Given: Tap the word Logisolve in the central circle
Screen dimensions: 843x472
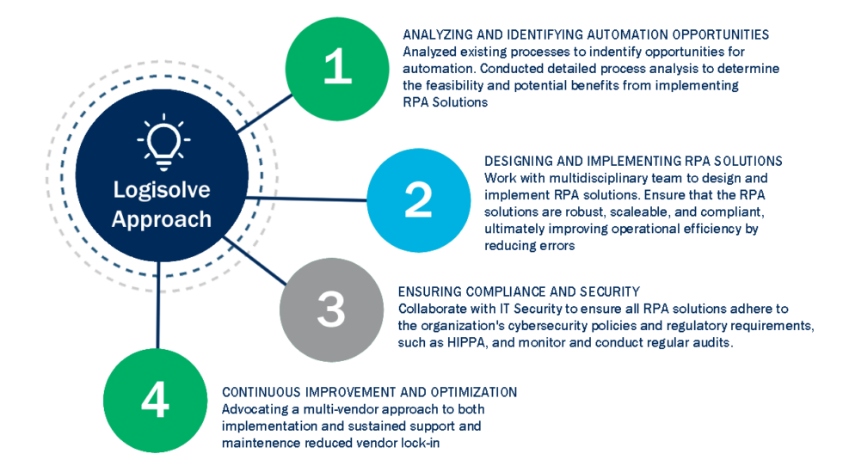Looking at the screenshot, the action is click(162, 190).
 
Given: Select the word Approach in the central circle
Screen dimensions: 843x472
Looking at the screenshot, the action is click(162, 220).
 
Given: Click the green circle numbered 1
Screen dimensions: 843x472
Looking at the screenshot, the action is click(337, 69).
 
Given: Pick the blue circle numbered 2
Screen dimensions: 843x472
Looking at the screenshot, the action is click(419, 200).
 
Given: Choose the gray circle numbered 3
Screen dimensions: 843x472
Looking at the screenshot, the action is click(331, 310).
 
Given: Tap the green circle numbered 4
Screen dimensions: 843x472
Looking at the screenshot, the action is click(156, 401).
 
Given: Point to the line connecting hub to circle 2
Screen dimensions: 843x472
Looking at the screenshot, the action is click(306, 199).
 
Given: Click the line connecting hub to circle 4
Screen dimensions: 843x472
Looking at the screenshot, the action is click(158, 305).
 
